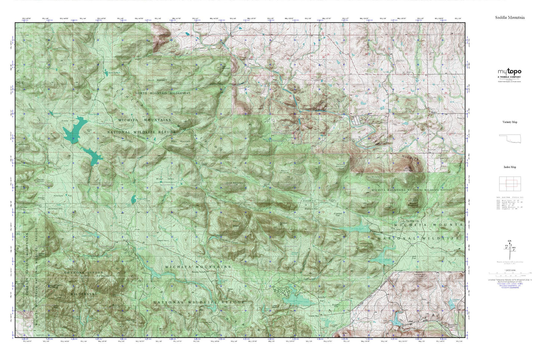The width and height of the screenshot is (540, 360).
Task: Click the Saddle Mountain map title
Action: pyautogui.click(x=510, y=18)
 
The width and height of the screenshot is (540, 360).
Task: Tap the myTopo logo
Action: pyautogui.click(x=509, y=72)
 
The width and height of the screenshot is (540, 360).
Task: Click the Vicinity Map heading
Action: pyautogui.click(x=510, y=122)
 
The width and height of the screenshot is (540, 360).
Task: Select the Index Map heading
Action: pyautogui.click(x=510, y=167)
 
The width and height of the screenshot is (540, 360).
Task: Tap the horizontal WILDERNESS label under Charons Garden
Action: pyautogui.click(x=84, y=294)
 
